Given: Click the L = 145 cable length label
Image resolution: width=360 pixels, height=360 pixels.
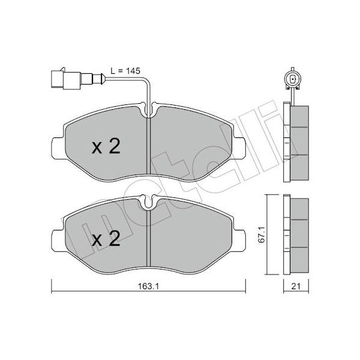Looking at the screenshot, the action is point(125,71).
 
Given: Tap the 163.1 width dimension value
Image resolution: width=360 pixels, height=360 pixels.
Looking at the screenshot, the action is point(149,286).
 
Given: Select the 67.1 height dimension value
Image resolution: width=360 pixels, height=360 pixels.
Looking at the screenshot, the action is point(262,235).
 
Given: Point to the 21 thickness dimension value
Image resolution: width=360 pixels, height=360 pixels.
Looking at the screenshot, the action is point(296,286).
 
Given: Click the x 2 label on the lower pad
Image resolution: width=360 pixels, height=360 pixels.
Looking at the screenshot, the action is point(106,239).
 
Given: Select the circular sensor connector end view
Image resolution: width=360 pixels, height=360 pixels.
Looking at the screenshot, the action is point(292,80).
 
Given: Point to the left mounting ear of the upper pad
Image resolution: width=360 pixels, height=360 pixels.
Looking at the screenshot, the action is point(58,148).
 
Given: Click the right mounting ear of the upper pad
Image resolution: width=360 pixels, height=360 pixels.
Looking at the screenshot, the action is point(239,148).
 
